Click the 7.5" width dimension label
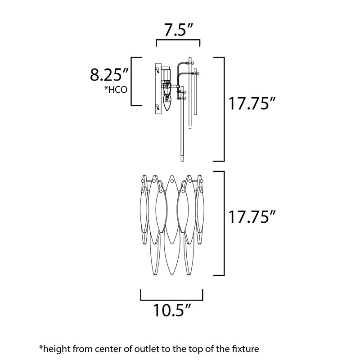click(178, 30)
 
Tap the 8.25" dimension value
click(109, 74)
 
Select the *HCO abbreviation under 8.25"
click(116, 90)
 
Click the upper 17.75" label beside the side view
click(251, 103)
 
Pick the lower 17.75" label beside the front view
click(251, 217)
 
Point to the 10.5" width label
click(172, 310)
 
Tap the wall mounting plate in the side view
click(158, 89)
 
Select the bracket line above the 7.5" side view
click(178, 40)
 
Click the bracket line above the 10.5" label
click(172, 300)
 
